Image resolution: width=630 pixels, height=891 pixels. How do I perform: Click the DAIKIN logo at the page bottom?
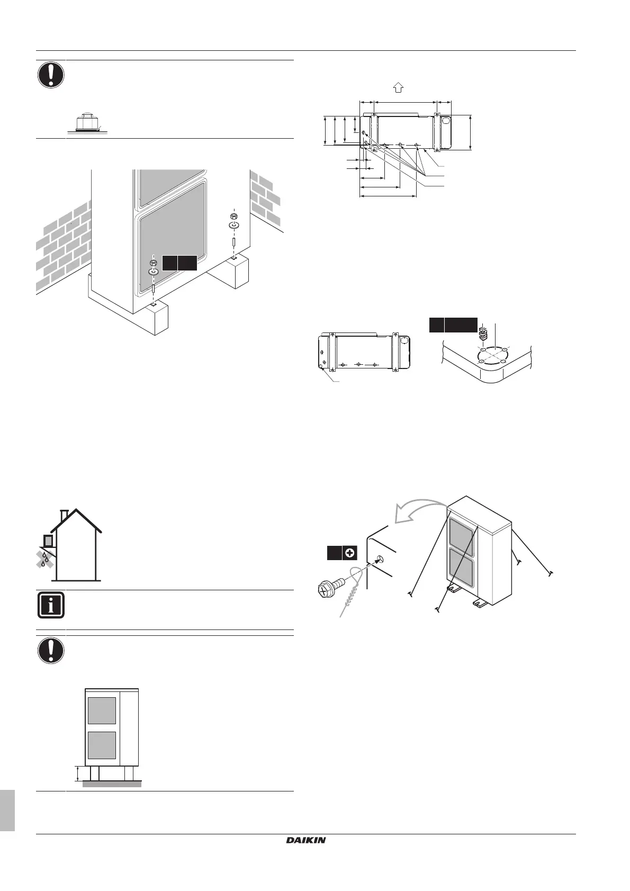[306, 840]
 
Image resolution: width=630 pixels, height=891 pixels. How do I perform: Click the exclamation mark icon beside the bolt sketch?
[50, 75]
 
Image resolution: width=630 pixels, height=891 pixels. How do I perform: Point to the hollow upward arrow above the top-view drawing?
[399, 88]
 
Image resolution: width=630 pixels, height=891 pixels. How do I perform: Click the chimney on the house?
[64, 515]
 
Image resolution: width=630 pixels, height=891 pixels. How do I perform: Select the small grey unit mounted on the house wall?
[48, 541]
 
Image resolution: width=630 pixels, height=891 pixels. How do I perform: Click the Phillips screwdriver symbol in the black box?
[349, 553]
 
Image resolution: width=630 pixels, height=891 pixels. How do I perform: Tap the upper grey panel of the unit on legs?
[102, 710]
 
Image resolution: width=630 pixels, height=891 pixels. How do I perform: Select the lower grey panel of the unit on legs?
[102, 744]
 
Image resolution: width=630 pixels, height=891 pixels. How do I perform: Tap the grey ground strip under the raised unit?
[112, 784]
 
